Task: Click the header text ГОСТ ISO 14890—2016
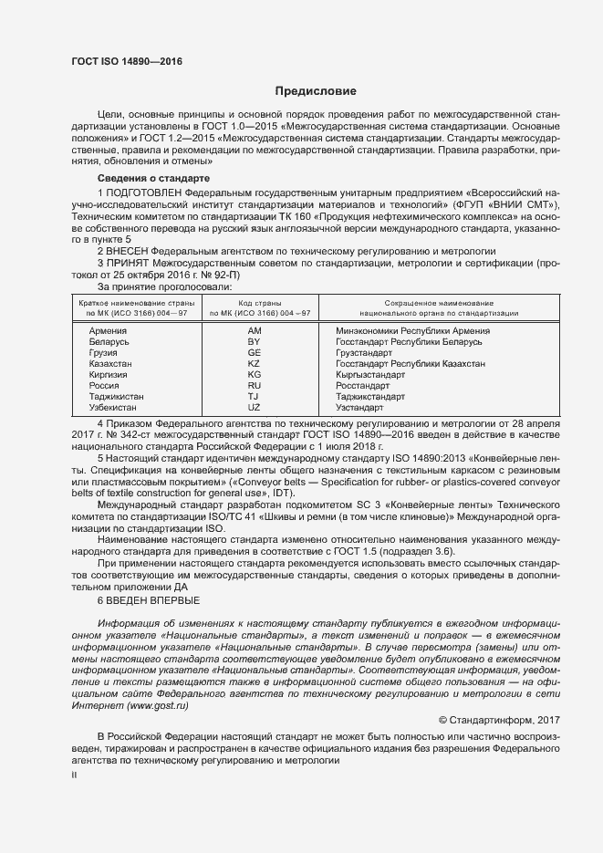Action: pyautogui.click(x=127, y=61)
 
